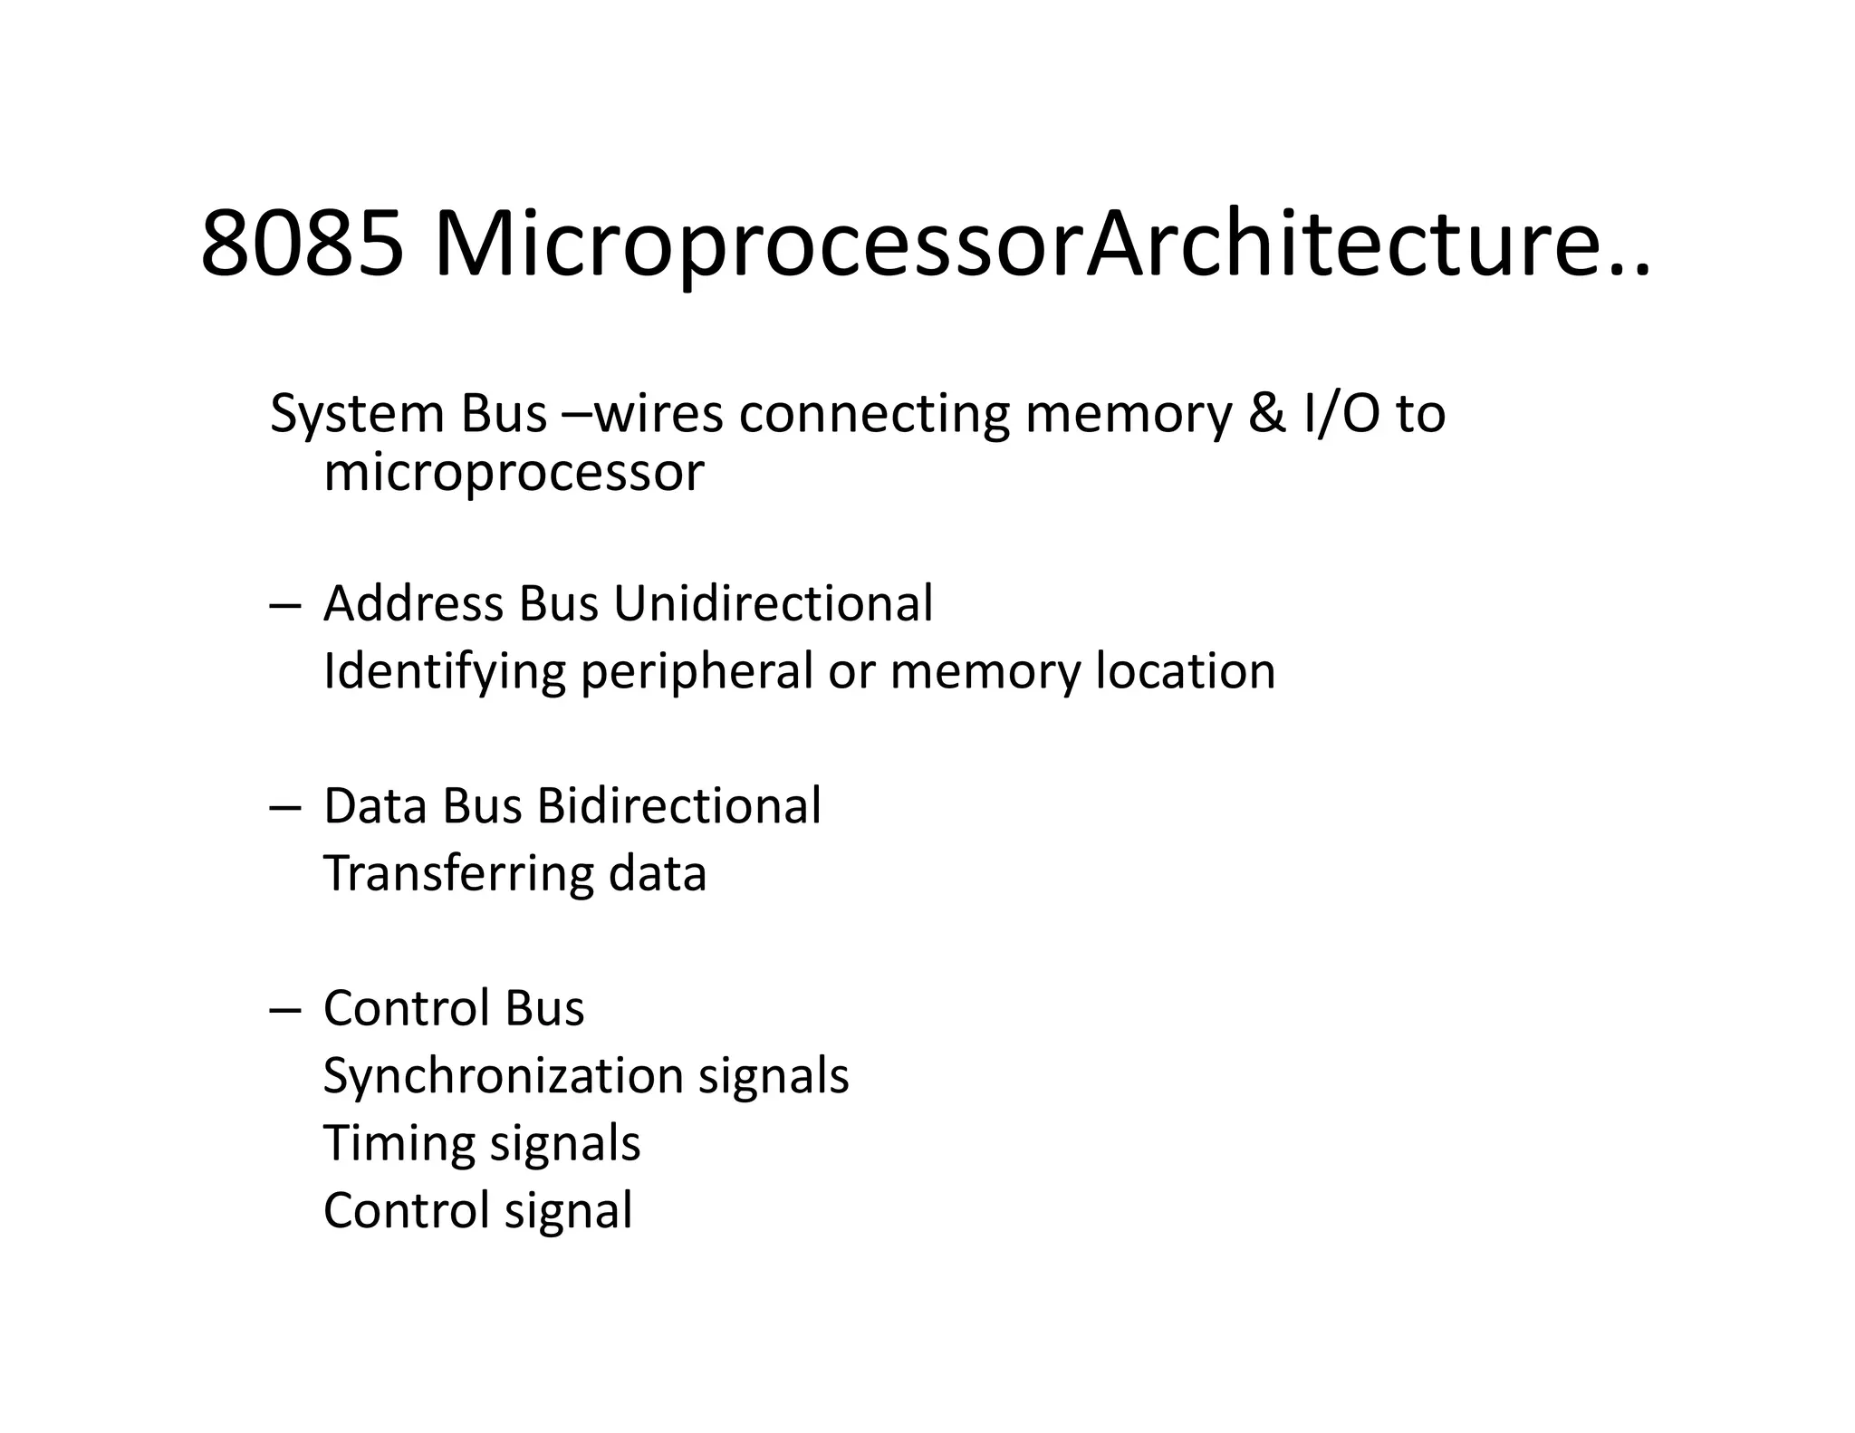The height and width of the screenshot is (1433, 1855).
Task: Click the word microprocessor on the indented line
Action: coord(514,473)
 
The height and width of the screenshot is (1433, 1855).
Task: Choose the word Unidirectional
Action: coord(773,603)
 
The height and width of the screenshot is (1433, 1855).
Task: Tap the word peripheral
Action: coord(697,672)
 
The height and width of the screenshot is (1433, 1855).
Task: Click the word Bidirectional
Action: coord(679,805)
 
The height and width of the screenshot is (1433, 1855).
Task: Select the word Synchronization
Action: coord(503,1076)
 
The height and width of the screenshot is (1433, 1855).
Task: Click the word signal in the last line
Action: coord(568,1211)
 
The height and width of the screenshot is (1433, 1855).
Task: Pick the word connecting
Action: coord(873,415)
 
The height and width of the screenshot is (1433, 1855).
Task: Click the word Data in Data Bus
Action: coord(376,805)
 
